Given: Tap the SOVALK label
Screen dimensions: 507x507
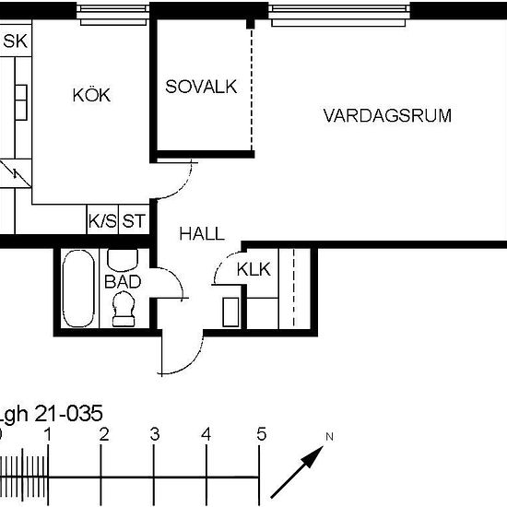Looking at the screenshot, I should (x=201, y=87).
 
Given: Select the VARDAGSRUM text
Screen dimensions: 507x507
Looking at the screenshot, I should (x=387, y=115).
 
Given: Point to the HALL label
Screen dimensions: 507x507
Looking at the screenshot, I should (x=201, y=235).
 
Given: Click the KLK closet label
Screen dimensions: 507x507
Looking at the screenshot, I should (x=253, y=269).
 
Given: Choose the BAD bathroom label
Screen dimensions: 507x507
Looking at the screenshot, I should (x=123, y=282).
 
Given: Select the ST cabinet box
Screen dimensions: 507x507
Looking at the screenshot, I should (x=135, y=221).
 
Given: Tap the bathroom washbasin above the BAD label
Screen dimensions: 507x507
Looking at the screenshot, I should (x=123, y=258).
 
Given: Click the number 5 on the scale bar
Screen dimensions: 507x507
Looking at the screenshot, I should (x=262, y=434).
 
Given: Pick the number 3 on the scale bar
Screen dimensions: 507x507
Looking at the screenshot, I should (x=155, y=434).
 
